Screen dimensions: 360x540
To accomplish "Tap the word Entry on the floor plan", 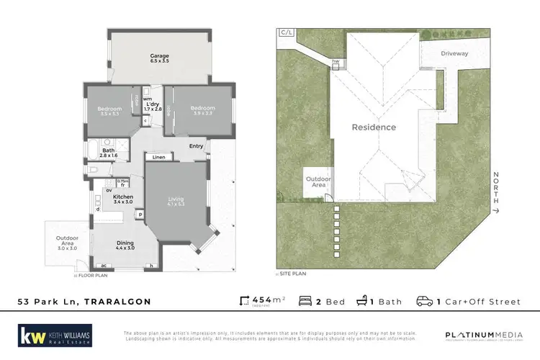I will (197, 147).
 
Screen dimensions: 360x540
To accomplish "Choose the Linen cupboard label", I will (159, 157).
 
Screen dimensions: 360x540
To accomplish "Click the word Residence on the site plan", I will (373, 127).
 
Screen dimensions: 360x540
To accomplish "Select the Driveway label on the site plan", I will (454, 53).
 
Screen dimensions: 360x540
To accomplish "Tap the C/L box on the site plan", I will (286, 32).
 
